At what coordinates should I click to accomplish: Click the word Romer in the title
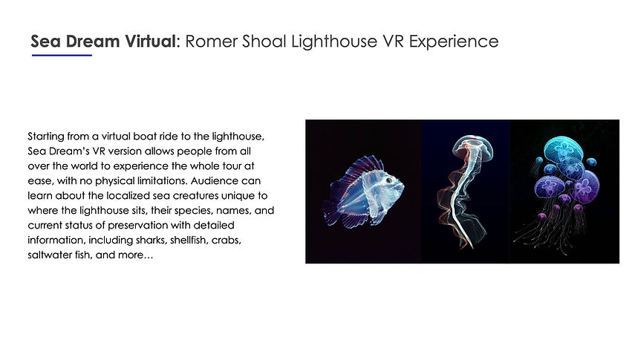pyautogui.click(x=207, y=42)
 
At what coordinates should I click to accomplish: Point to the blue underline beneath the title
pyautogui.click(x=61, y=56)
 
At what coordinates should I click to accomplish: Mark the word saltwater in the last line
pyautogui.click(x=48, y=256)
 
